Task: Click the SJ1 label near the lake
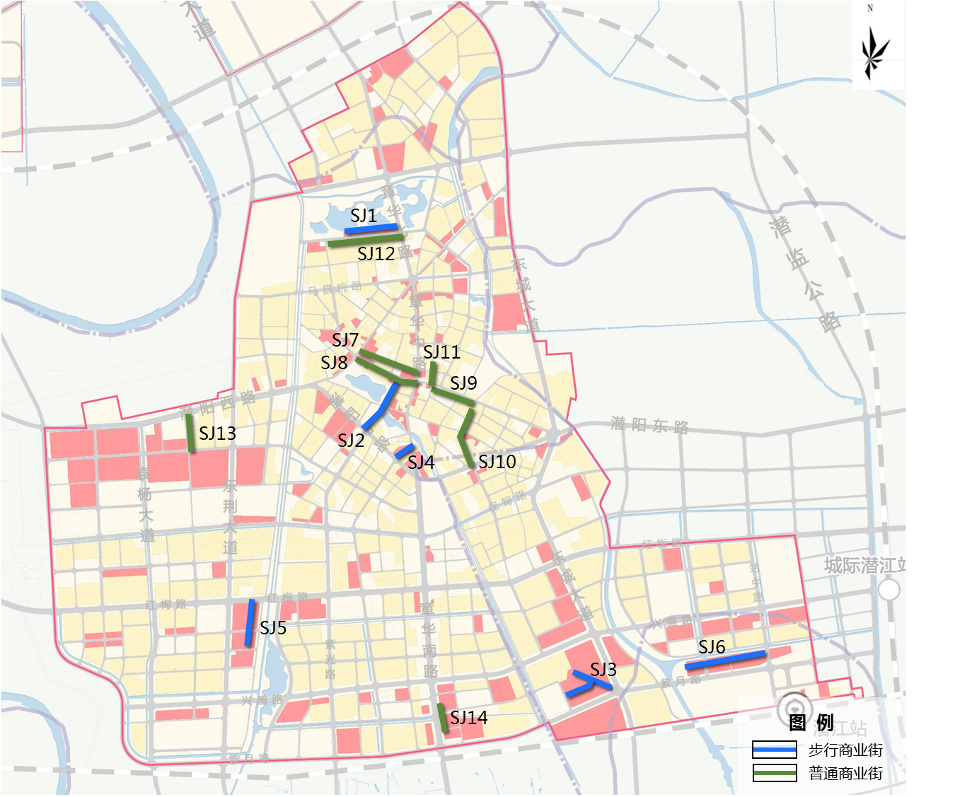[364, 216]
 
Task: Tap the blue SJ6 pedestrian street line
[725, 660]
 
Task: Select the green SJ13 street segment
[190, 433]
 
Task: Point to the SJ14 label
[468, 718]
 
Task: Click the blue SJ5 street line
[250, 622]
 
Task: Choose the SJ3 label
[603, 669]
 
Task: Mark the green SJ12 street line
[365, 240]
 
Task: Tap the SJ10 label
[497, 462]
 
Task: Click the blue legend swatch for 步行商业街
[775, 750]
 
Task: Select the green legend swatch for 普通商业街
[775, 773]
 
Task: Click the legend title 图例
[811, 723]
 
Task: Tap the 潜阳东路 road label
[649, 425]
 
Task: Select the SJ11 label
[441, 351]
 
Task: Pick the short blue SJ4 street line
[404, 450]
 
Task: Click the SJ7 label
[345, 339]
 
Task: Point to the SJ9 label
[463, 383]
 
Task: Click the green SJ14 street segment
[442, 718]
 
